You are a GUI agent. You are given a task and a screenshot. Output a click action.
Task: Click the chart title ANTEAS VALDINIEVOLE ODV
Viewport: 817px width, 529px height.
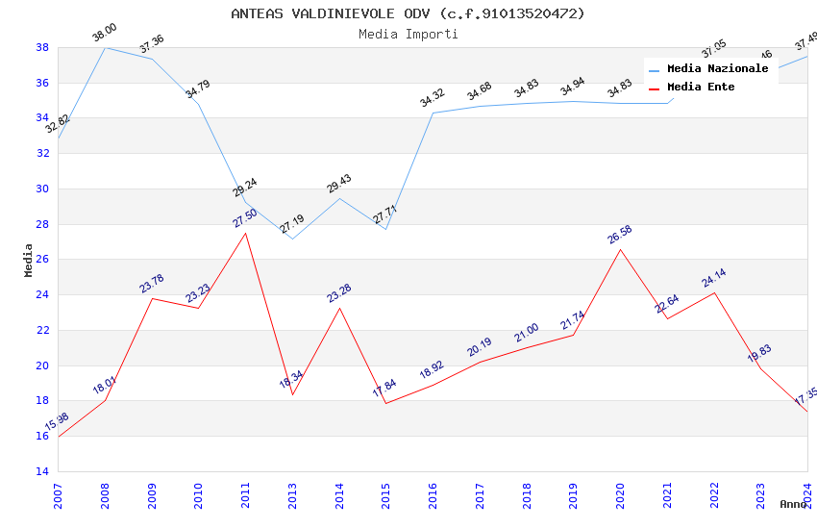point(408,13)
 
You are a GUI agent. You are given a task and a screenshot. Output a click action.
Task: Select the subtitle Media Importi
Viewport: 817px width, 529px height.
point(408,34)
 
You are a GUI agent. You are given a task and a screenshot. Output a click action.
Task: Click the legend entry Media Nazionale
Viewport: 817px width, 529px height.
point(717,68)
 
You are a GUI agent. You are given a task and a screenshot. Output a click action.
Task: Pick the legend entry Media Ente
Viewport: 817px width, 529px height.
point(701,87)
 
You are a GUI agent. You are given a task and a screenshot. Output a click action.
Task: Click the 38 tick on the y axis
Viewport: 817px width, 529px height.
point(42,47)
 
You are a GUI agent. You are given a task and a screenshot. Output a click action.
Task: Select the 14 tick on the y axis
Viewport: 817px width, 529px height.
point(42,471)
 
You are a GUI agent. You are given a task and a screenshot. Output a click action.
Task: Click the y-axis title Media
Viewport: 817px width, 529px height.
point(28,260)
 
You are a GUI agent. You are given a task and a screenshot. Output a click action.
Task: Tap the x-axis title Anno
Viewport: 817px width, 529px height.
point(793,504)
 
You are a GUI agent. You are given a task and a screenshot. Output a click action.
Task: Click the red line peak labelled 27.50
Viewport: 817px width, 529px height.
point(245,233)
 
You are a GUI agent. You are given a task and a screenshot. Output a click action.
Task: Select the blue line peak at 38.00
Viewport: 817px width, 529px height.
point(105,47)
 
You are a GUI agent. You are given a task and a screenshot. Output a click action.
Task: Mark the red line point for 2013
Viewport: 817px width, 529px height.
point(292,394)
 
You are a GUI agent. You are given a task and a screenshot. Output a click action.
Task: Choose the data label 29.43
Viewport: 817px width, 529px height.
point(339,184)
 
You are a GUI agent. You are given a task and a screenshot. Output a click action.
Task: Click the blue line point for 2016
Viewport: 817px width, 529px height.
point(433,113)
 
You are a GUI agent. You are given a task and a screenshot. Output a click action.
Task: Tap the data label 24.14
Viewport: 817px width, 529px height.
point(713,278)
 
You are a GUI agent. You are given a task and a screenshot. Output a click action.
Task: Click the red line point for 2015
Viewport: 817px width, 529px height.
point(385,403)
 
